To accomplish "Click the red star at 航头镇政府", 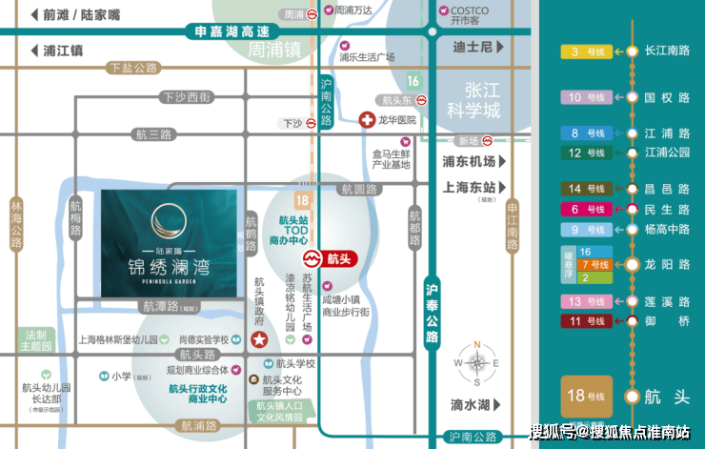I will point(257,340).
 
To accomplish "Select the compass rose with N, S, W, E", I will point(477,362).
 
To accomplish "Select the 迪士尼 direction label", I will point(473,46).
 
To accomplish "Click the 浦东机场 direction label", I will point(470,161).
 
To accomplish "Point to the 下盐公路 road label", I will point(131,68).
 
